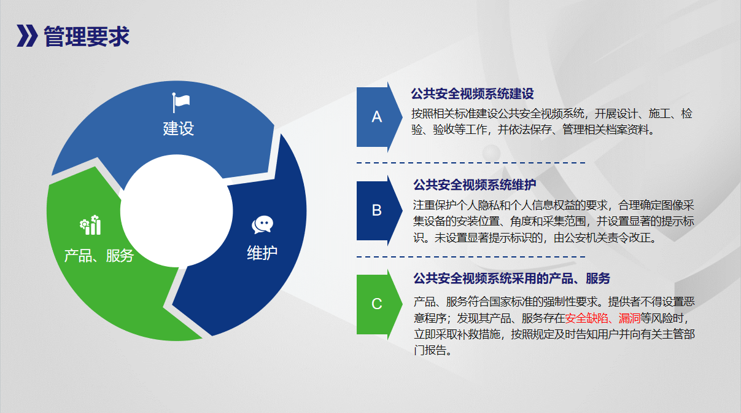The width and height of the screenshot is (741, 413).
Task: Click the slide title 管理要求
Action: tap(87, 36)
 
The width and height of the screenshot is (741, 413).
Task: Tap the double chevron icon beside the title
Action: tap(27, 36)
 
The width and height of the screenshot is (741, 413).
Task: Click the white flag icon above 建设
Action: tap(181, 103)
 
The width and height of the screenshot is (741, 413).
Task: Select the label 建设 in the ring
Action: tap(178, 128)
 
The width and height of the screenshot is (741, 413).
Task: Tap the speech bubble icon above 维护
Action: tap(262, 225)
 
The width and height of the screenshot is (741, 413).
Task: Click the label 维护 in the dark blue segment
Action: tap(262, 253)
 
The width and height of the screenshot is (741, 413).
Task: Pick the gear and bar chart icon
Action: tap(90, 225)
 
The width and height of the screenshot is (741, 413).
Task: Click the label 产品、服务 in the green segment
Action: tap(99, 256)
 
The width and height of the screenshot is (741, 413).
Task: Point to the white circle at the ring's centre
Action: tap(176, 211)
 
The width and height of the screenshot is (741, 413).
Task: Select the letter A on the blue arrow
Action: tap(377, 117)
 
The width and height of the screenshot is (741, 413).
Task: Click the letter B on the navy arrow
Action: tap(377, 210)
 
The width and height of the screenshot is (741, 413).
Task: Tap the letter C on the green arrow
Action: tap(377, 304)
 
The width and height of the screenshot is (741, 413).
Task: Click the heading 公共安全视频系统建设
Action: tap(472, 94)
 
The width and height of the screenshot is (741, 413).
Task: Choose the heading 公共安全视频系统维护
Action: tap(475, 185)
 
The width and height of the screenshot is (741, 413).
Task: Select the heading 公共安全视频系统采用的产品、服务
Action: tap(512, 278)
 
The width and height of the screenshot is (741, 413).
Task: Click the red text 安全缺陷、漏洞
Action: tap(603, 318)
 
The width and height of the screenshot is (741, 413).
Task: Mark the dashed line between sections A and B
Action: tap(471, 163)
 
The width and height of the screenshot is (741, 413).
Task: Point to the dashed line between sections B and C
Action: tap(471, 257)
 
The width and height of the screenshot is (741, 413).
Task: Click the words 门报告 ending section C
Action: tap(430, 350)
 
